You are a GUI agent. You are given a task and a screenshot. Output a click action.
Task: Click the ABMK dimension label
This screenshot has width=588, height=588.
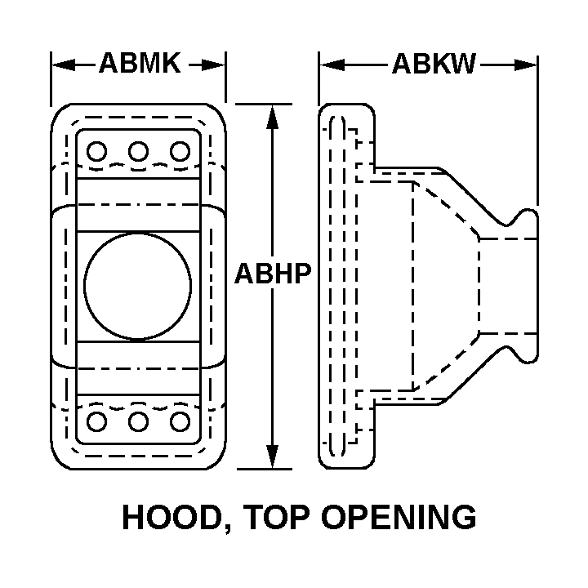pos(140,64)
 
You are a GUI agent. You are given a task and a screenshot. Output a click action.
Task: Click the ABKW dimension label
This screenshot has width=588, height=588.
pos(434,64)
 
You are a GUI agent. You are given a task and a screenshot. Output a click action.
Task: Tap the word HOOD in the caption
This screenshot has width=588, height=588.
pos(171,517)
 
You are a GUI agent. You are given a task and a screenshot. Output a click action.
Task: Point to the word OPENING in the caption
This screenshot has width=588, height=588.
pos(399,517)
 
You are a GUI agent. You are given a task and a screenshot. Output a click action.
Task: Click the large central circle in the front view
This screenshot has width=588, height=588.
pos(138,287)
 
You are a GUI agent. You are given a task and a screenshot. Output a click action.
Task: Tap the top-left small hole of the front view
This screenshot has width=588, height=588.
pos(96,152)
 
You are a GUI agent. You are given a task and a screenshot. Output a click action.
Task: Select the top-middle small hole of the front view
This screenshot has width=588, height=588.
pos(138,152)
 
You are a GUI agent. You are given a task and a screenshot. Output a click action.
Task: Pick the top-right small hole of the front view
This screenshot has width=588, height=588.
pos(180,152)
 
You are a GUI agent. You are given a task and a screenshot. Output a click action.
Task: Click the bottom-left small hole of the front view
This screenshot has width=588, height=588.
pos(96,421)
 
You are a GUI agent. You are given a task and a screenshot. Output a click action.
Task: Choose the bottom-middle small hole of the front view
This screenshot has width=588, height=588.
pos(138,421)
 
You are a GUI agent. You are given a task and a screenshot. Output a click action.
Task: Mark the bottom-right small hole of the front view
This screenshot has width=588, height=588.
pos(180,421)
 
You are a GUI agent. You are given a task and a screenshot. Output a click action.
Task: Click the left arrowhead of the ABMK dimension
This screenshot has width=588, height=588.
pos(63,65)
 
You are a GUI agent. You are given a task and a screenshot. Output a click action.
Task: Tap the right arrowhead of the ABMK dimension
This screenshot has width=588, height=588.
pos(213,65)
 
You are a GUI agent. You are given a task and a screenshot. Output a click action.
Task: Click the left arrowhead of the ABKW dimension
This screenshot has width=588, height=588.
pos(332,65)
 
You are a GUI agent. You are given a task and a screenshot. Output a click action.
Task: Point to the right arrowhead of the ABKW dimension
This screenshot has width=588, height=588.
pos(525,65)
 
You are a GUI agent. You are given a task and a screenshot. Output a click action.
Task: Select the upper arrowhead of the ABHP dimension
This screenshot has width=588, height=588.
pos(272,118)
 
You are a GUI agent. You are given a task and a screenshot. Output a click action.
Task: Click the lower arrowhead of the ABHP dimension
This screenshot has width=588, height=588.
pos(272,456)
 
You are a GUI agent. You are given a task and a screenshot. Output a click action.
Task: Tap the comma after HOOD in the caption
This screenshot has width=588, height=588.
pos(227,528)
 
